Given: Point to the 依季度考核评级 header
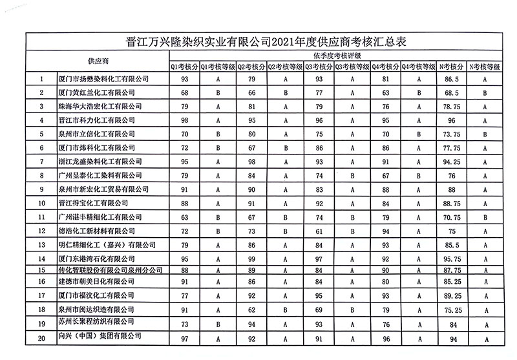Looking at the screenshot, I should pos(335,56).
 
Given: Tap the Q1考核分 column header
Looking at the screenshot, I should pos(184,66).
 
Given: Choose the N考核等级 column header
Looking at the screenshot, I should pos(485,66).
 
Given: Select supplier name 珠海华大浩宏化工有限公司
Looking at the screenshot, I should pos(100,106).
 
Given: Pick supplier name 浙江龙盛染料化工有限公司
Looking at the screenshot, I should pos(100,162).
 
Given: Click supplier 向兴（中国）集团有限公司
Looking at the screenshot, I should pos(100,337).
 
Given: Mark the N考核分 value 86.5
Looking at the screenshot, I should pos(452,79).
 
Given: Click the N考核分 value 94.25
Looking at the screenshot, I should pos(452,162).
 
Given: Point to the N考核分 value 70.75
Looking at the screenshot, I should pos(452,218).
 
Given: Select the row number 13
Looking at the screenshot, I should pos(42,245).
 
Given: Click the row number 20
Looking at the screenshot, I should pos(42,337).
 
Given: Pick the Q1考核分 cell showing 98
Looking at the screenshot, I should pos(185,120).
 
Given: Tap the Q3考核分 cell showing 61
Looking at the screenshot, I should pos(319,231).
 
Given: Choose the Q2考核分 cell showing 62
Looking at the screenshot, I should pos(252,310).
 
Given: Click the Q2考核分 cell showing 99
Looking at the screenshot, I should pos(252,259).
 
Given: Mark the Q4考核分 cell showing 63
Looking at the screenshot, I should pos(385,93).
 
